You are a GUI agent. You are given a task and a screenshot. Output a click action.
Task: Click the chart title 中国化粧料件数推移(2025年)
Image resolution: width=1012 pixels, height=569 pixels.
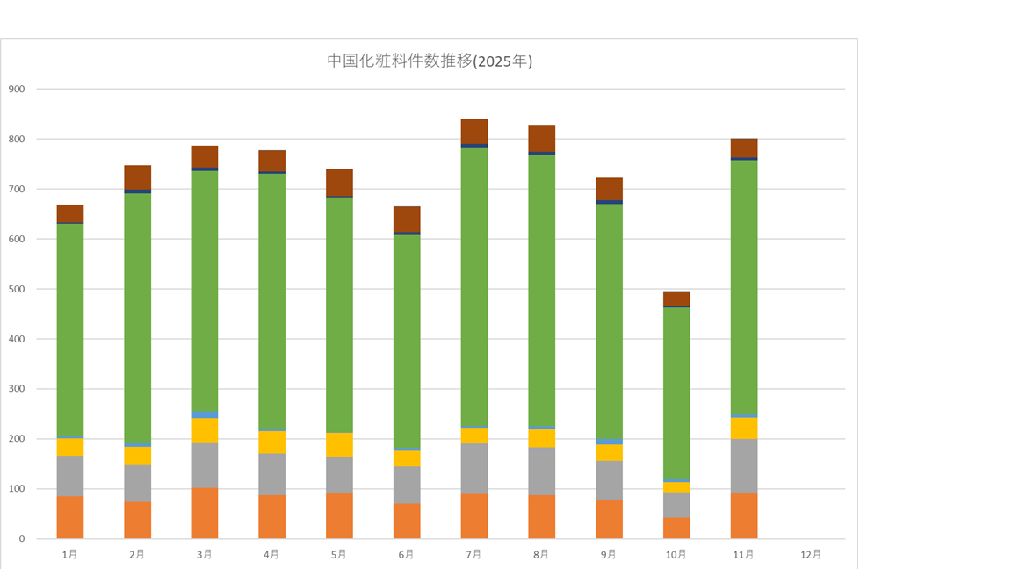point(430,61)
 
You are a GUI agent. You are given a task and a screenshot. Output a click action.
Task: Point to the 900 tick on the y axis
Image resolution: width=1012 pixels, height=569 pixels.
point(17,89)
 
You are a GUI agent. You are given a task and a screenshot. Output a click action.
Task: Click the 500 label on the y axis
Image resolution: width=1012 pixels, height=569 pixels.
point(17,289)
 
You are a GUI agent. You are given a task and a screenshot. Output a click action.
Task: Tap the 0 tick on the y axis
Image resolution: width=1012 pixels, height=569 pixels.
point(21,539)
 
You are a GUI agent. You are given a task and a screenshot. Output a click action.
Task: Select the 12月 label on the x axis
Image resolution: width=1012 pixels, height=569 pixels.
point(811,555)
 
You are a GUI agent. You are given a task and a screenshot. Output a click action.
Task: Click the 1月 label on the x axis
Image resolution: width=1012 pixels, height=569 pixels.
point(69,555)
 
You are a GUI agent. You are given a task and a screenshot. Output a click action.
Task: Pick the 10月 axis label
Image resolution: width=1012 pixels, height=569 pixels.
point(676,555)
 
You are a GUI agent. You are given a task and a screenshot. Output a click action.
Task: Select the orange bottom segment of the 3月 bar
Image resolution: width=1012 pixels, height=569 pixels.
point(205,514)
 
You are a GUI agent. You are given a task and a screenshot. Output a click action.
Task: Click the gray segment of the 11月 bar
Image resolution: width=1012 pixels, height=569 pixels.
point(744,466)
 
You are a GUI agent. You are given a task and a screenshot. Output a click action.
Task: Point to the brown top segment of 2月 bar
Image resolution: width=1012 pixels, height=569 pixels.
point(137,177)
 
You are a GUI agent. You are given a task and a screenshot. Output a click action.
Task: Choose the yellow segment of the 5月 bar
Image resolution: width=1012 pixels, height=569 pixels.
point(339,445)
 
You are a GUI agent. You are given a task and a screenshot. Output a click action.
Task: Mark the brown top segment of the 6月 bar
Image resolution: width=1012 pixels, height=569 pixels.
point(407,220)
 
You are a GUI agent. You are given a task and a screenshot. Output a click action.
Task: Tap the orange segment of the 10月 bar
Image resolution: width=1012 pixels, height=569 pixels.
point(676,528)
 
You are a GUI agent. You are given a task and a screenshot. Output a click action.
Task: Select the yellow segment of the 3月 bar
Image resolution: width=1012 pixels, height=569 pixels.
point(205,430)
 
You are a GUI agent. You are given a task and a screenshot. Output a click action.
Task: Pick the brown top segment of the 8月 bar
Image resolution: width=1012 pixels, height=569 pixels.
point(542,138)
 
